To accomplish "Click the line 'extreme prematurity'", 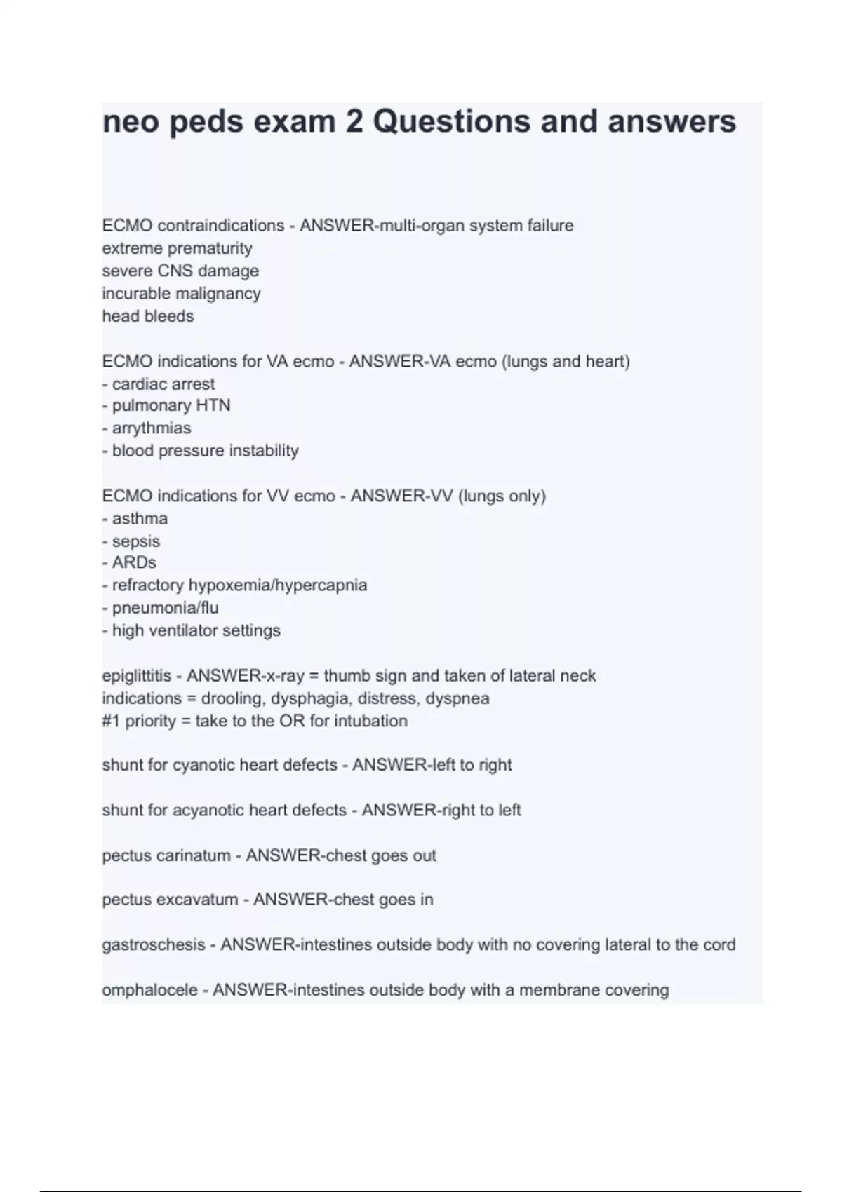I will (177, 248).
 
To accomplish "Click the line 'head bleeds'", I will (148, 316).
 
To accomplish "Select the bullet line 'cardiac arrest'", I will (163, 384).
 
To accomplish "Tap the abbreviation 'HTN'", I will (213, 406).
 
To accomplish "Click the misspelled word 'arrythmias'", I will (152, 428).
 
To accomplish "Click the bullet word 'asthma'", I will (140, 519).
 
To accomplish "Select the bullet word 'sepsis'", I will (136, 541).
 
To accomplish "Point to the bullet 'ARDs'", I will (134, 563).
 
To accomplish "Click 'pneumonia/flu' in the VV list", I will (165, 608).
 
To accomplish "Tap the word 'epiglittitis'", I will (136, 676).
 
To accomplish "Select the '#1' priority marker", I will (111, 722).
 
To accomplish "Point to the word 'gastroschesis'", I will (154, 945).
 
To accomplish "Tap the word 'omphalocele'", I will (149, 991).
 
